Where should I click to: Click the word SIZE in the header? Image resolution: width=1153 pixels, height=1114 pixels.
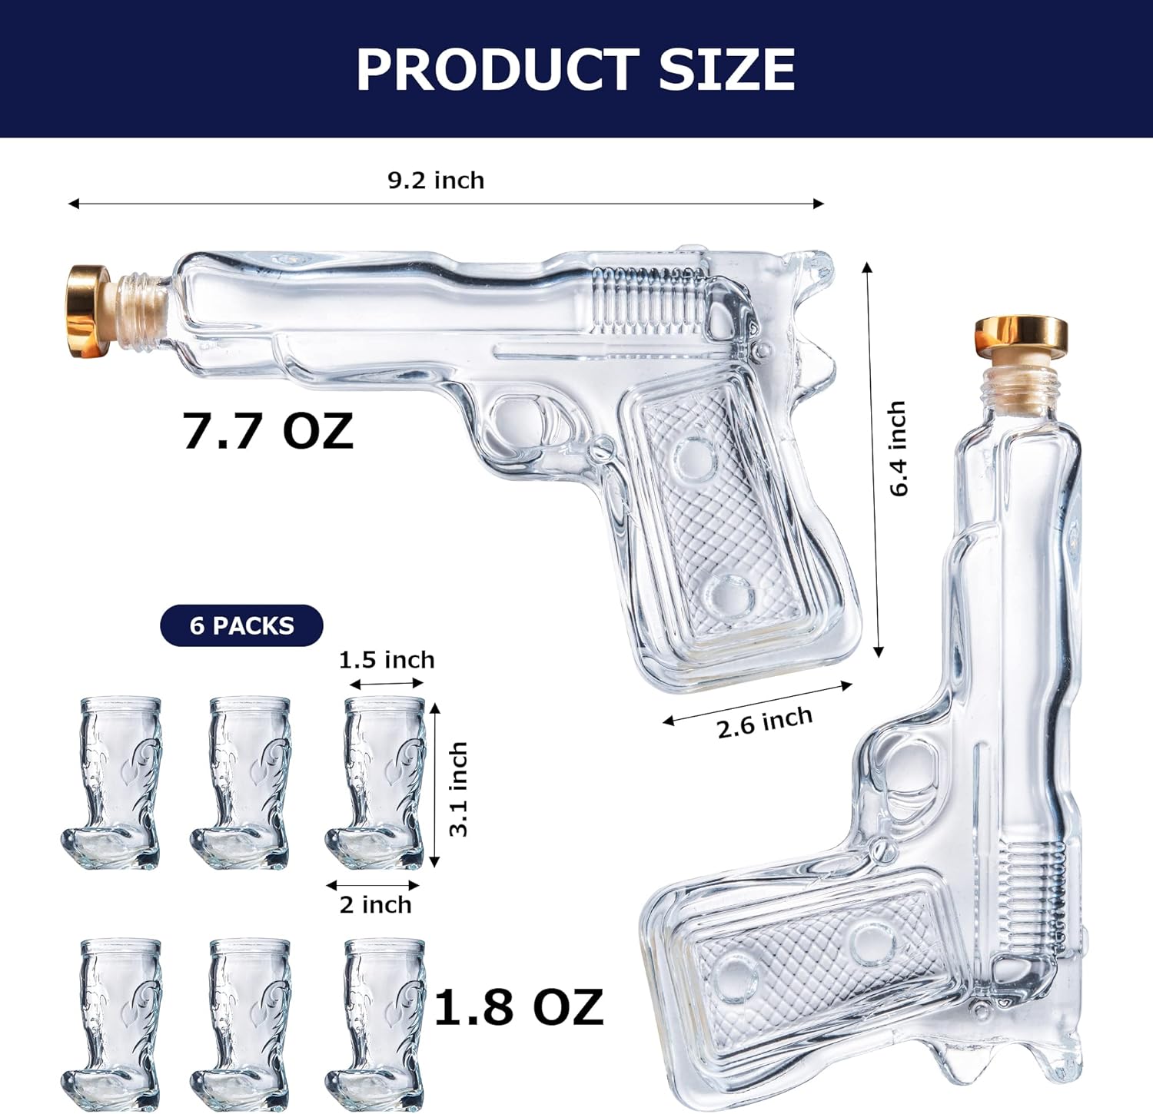[726, 70]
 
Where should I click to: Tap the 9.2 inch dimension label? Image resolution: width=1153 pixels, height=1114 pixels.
[436, 181]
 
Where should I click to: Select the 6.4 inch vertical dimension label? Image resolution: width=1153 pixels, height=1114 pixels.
[898, 449]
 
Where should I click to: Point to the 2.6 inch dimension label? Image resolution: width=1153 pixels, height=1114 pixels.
[765, 722]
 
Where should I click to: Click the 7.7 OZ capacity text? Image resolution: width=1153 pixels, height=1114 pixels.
[267, 431]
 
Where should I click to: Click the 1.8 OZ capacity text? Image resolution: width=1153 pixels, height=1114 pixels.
[519, 1007]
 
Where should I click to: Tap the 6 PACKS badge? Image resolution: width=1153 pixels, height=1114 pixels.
[241, 625]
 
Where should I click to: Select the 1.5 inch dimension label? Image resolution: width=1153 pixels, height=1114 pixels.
[387, 660]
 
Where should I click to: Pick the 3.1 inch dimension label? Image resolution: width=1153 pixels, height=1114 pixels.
[458, 788]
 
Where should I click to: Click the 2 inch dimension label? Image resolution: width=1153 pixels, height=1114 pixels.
[375, 904]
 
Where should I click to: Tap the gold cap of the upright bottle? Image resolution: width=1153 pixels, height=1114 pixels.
[1021, 334]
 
